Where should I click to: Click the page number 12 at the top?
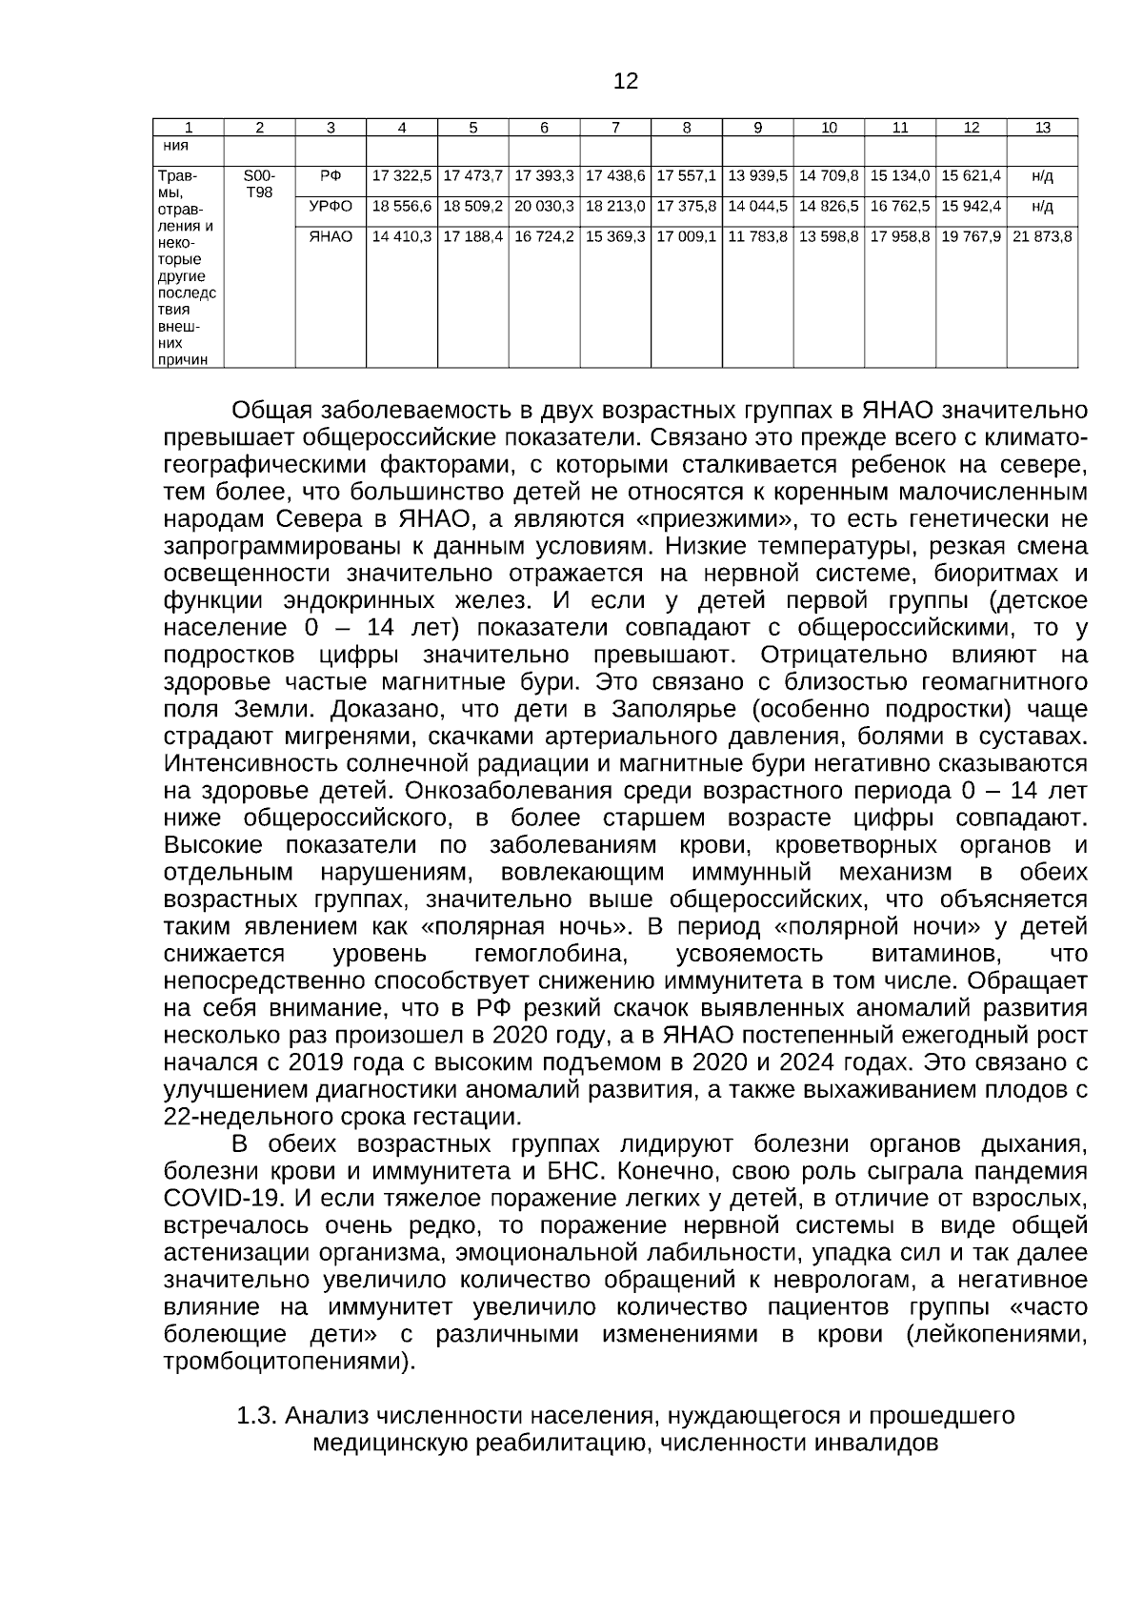pos(626,81)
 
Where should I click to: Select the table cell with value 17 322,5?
pos(402,176)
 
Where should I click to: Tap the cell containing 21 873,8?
pos(1042,236)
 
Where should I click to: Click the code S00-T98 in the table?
pos(259,184)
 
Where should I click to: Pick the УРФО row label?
pos(331,206)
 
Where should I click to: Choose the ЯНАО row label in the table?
pos(331,236)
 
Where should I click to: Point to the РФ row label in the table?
pos(331,176)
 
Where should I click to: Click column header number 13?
pos(1042,128)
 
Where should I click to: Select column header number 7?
pos(615,128)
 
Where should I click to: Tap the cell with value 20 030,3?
pos(544,206)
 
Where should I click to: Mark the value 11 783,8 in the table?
pos(757,236)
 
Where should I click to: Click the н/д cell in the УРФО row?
pos(1042,206)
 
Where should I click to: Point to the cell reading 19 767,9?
pos(971,236)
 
